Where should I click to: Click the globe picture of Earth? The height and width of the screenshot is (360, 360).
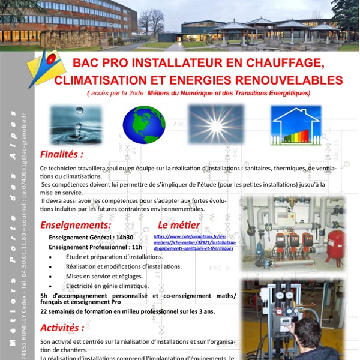[x=144, y=125]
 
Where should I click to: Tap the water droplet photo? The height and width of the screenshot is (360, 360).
[x=76, y=125]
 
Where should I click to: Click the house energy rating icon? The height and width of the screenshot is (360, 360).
[x=295, y=125]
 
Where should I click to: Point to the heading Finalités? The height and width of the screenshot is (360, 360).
[x=61, y=154]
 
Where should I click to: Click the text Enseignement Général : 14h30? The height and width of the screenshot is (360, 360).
[x=91, y=237]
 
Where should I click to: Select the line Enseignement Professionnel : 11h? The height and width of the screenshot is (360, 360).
[x=95, y=247]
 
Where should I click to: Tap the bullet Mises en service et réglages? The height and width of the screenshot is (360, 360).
[x=104, y=276]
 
